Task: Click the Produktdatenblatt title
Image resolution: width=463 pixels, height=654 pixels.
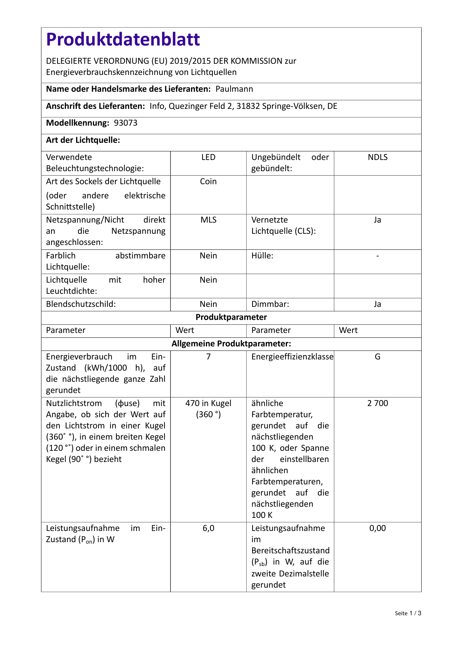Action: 123,40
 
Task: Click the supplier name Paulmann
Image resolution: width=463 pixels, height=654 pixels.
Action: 234,89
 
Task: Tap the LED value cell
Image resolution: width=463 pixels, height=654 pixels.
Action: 208,157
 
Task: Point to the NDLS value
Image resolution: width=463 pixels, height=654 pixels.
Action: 378,157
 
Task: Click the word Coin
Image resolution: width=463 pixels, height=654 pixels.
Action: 208,182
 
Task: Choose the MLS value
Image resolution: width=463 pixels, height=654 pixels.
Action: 208,220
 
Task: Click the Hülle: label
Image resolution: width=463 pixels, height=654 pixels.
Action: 262,256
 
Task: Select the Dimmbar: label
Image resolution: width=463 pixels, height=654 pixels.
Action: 270,304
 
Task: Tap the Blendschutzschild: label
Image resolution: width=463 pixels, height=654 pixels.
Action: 81,304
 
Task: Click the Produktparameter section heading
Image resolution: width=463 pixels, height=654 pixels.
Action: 231,317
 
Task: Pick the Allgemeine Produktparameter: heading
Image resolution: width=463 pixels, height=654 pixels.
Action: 231,343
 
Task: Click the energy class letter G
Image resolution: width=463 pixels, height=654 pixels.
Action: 378,357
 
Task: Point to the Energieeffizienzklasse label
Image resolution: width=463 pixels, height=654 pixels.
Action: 292,357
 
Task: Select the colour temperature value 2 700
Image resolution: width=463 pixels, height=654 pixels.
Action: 378,403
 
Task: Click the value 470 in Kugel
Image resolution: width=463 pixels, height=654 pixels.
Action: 208,403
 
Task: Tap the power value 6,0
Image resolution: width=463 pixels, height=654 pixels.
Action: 208,528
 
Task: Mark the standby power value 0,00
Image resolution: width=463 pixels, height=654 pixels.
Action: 378,528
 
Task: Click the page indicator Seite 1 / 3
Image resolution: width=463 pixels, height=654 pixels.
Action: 408,613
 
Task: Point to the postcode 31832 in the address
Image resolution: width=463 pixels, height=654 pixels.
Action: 248,106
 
